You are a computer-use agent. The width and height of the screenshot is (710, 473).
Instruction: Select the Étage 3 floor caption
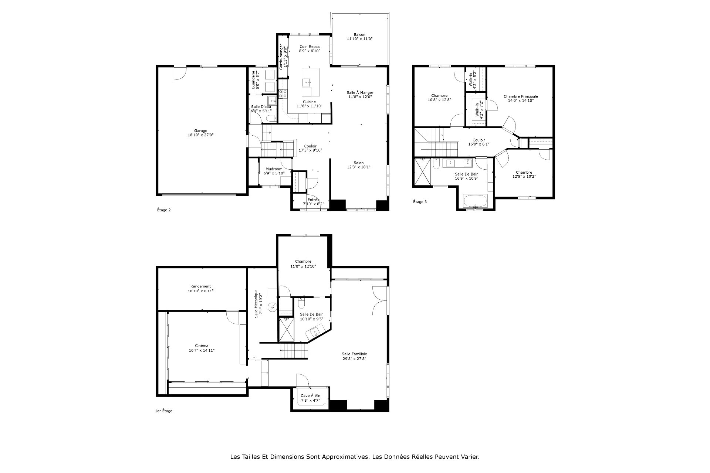coord(420,202)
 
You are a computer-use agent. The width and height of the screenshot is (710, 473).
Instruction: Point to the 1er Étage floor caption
coord(163,411)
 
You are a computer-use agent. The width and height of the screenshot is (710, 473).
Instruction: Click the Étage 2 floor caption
coord(164,210)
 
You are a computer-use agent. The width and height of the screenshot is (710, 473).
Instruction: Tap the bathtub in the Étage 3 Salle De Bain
coord(476,201)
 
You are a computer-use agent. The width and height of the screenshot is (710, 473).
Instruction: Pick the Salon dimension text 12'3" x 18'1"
coord(358,167)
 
